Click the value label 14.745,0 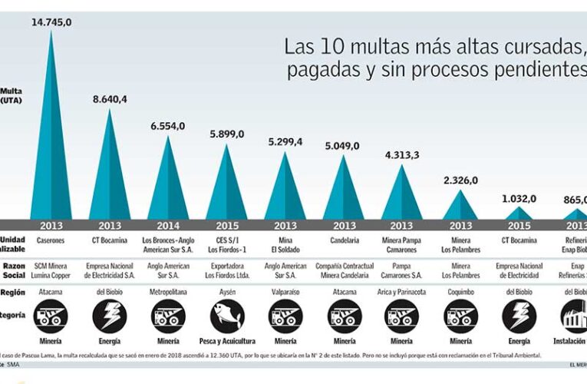tap(51, 22)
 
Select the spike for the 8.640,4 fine tap(110, 177)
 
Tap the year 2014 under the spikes tap(168, 226)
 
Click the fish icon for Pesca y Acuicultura tap(226, 315)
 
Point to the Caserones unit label tap(51, 240)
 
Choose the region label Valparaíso tap(285, 292)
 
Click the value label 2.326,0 tap(460, 180)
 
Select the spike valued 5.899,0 tap(226, 188)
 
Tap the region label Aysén tap(226, 292)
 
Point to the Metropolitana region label tap(168, 292)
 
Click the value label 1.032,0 tap(519, 198)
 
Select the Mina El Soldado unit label tap(285, 245)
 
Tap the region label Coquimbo tap(460, 292)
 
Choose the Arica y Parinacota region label tap(401, 292)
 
